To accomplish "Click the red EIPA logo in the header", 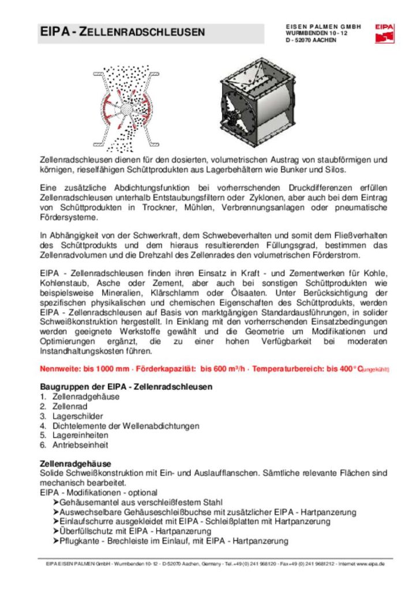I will pos(384,33).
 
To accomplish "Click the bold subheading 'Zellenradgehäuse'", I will pos(76,463).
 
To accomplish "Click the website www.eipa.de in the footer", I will pos(370,563).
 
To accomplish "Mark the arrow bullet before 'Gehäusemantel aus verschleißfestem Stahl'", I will pos(56,502).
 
